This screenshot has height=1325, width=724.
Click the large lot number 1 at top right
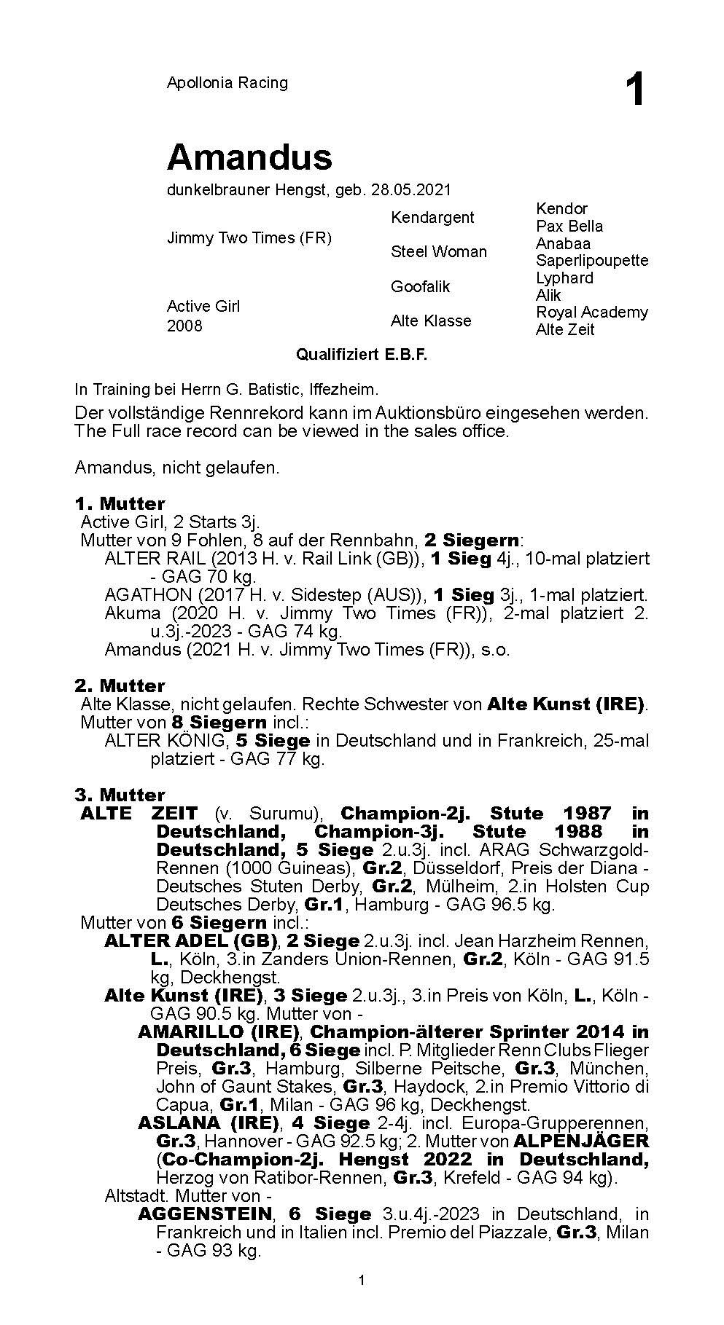[635, 92]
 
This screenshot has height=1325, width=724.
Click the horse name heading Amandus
[249, 157]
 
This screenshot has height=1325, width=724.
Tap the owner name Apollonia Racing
[227, 83]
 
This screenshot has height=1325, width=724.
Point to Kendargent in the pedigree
[432, 217]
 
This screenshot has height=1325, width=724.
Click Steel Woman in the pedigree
[439, 251]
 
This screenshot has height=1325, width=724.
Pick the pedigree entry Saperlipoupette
[592, 260]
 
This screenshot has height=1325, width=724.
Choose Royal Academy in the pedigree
[592, 312]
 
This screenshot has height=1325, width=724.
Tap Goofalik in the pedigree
[421, 286]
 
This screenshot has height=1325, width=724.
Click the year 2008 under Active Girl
[184, 326]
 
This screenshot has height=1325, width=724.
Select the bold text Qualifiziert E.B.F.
[362, 355]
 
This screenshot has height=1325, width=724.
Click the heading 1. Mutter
[120, 503]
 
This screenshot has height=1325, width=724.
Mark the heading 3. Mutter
[120, 794]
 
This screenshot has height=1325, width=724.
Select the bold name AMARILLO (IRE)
[219, 1031]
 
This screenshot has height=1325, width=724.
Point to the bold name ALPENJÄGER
[581, 1141]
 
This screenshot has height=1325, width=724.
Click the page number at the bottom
[362, 1281]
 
